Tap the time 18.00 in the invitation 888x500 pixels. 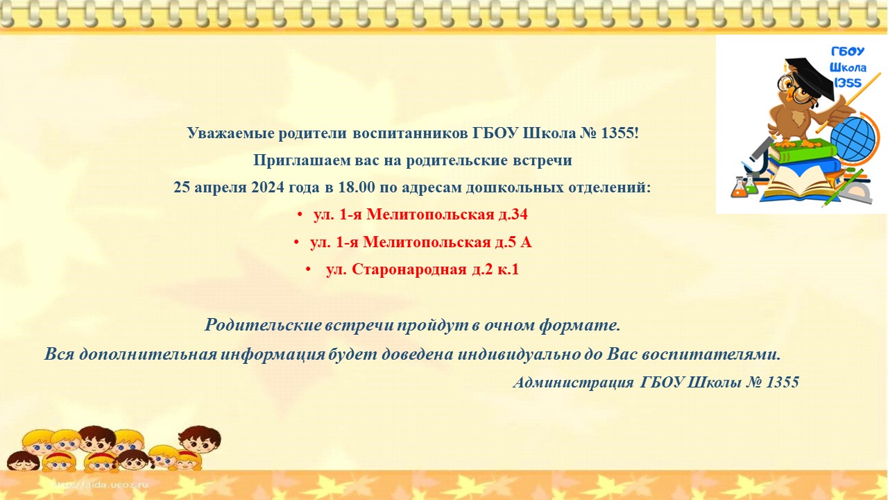pyautogui.click(x=356, y=187)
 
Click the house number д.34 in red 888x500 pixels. pyautogui.click(x=512, y=215)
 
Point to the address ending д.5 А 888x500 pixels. pyautogui.click(x=420, y=242)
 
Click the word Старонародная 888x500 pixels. pyautogui.click(x=409, y=270)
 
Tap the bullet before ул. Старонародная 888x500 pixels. pyautogui.click(x=308, y=270)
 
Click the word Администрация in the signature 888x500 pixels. pyautogui.click(x=573, y=383)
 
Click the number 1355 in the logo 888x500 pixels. pyautogui.click(x=847, y=83)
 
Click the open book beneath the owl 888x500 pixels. pyautogui.click(x=800, y=183)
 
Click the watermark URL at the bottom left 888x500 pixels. pyautogui.click(x=101, y=485)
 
